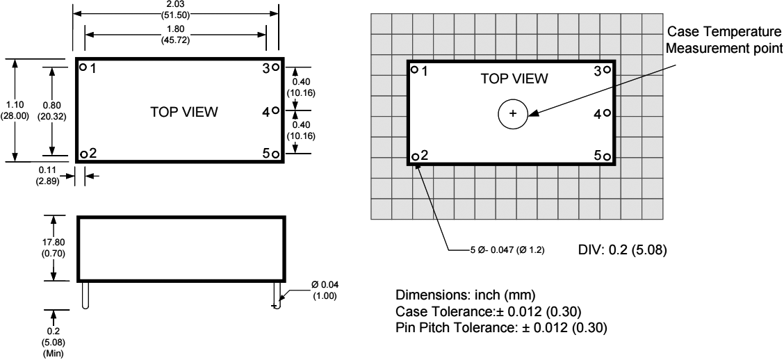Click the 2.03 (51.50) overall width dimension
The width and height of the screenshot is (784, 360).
click(x=177, y=8)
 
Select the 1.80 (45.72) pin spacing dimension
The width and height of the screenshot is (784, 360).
click(x=177, y=34)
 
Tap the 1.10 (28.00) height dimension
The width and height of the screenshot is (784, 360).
click(x=15, y=110)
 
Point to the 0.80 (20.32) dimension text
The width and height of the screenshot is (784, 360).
click(x=52, y=110)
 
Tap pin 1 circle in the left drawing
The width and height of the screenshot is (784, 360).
click(x=83, y=67)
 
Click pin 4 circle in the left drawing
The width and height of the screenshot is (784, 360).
click(x=276, y=111)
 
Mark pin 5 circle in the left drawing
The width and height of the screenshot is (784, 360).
click(x=276, y=154)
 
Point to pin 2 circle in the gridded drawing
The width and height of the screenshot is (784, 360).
click(x=415, y=156)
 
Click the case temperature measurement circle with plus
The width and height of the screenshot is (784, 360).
click(x=513, y=113)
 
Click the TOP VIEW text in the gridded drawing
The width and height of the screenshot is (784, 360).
click(x=514, y=79)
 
